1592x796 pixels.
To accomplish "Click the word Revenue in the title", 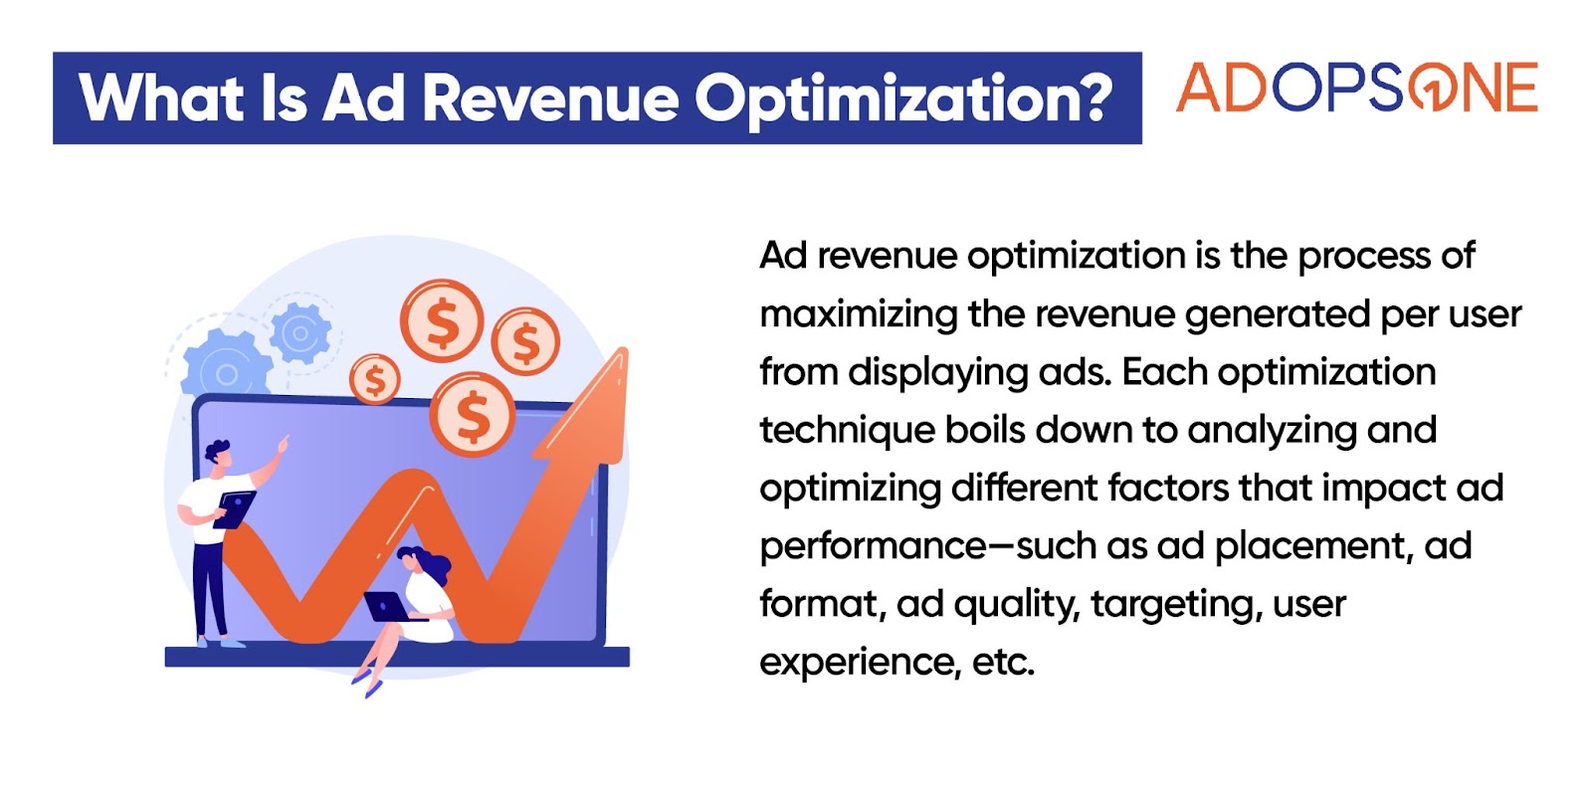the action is click(x=551, y=99).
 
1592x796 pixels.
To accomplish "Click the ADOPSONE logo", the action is click(x=1357, y=87).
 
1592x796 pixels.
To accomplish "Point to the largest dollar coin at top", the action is click(x=442, y=322).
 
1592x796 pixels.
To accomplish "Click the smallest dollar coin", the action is click(x=374, y=379).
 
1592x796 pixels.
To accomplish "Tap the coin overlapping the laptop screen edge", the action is click(x=472, y=414).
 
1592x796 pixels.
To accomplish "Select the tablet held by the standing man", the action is click(x=235, y=509).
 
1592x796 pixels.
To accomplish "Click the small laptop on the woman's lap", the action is click(x=389, y=607).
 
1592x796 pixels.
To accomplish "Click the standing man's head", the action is click(x=219, y=454).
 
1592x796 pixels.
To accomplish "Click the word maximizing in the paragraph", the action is click(x=859, y=314).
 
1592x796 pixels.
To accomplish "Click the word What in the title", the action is click(x=161, y=99).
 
